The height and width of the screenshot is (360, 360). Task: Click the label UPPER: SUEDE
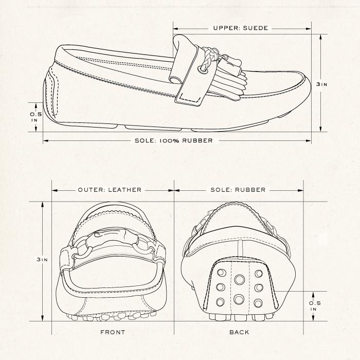click(x=241, y=28)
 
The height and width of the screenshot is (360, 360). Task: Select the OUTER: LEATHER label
click(x=109, y=190)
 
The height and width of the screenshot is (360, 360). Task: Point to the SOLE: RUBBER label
click(x=238, y=190)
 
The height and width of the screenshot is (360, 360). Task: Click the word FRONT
click(x=113, y=332)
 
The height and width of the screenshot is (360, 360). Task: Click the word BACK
click(x=239, y=332)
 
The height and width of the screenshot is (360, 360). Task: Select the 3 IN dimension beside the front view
click(x=42, y=260)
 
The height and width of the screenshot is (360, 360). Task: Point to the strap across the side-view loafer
click(x=186, y=72)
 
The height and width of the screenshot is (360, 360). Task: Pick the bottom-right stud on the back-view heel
click(x=258, y=302)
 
